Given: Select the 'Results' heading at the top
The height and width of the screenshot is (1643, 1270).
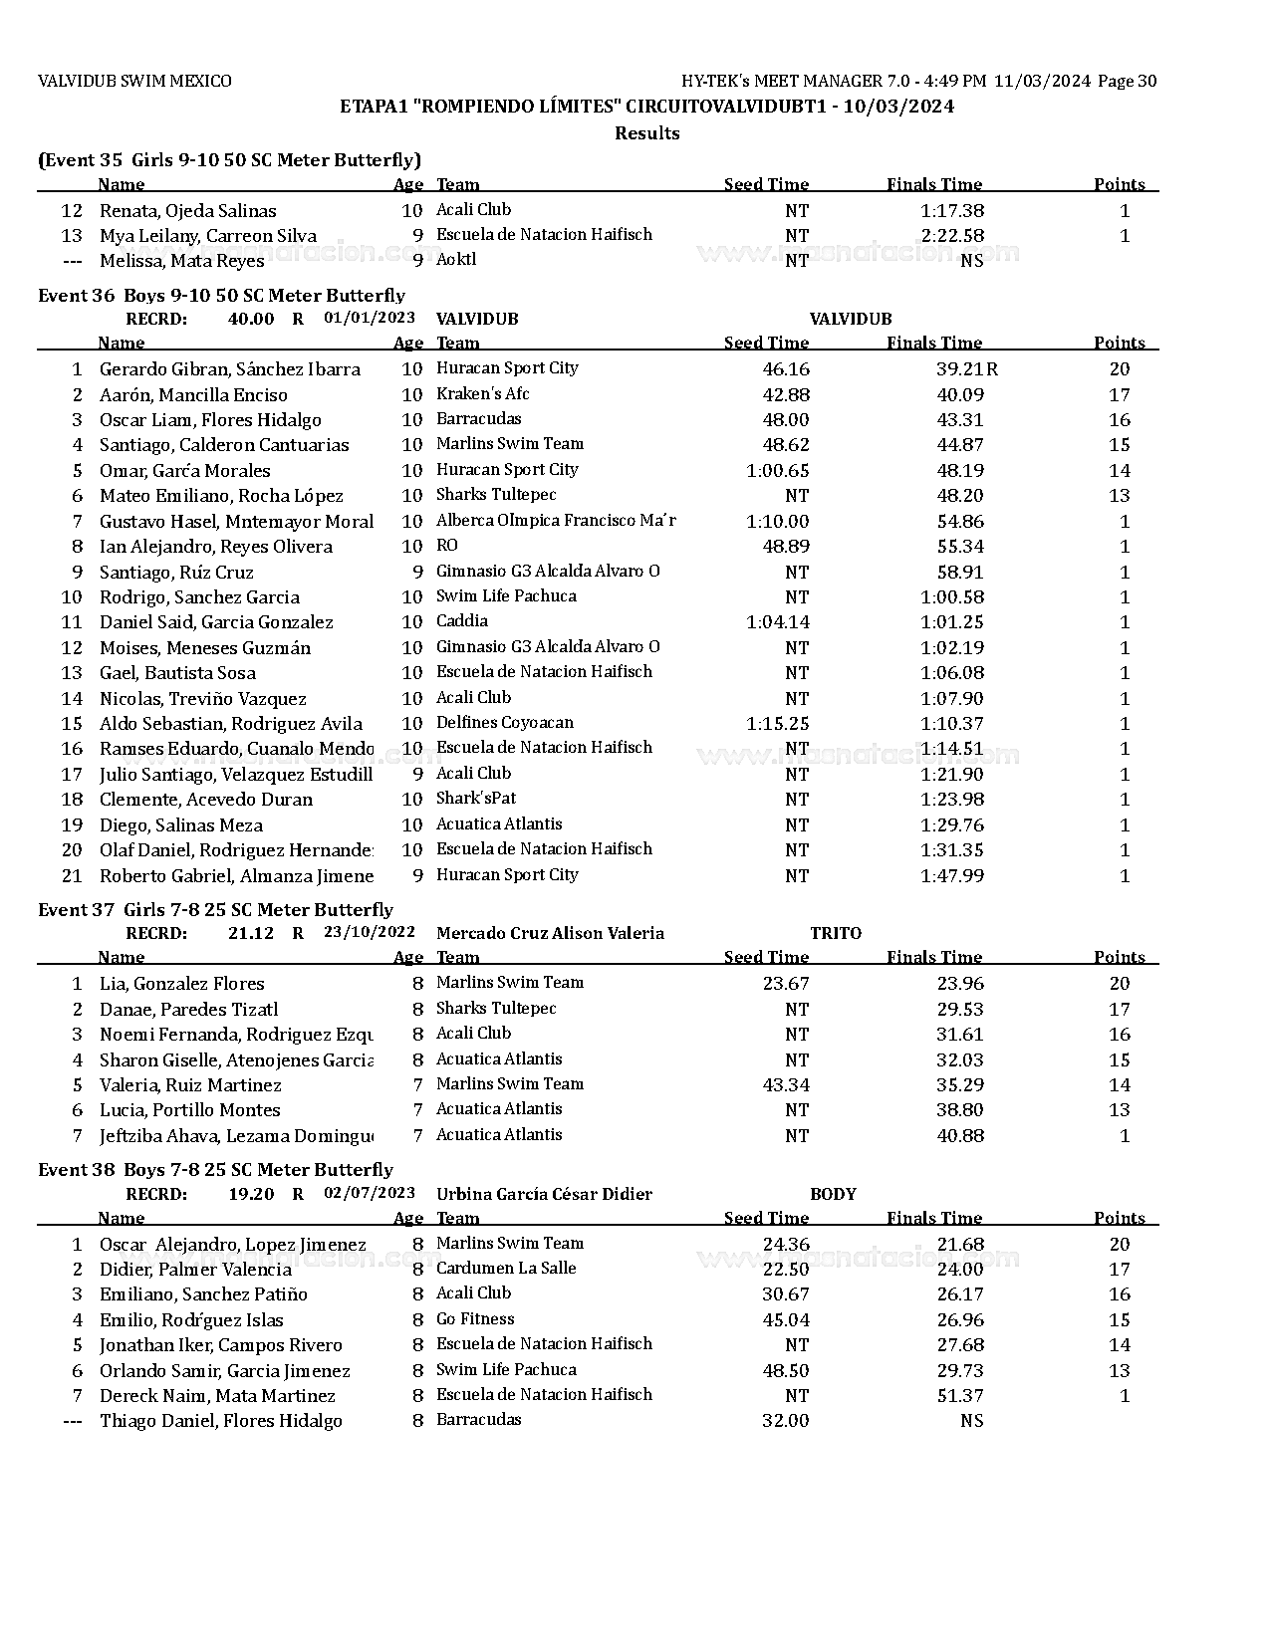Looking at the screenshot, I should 646,133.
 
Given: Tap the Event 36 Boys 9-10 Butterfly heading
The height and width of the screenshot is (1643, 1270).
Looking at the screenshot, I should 221,295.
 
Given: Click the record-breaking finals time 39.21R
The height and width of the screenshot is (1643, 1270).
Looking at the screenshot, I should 966,369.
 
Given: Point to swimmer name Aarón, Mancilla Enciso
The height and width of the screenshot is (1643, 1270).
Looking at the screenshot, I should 193,395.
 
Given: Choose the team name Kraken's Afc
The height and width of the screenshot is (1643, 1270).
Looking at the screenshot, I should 483,393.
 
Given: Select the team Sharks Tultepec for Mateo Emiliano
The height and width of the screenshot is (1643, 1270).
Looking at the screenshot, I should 496,495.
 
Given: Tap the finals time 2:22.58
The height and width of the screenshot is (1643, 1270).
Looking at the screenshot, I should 952,236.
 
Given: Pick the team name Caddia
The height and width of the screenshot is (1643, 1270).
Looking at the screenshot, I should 462,621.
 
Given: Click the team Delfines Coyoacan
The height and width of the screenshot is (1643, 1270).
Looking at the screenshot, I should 505,723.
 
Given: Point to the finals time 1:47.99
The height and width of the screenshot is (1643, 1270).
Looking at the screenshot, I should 952,876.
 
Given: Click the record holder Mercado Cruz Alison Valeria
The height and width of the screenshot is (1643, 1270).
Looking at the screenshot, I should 550,933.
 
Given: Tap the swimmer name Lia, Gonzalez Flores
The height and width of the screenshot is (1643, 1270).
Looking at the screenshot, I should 181,984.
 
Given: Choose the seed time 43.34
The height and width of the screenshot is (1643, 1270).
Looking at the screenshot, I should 786,1085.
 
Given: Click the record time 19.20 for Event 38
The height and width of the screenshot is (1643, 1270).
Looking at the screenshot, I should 251,1194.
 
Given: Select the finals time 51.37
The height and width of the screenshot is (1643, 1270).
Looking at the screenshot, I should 960,1396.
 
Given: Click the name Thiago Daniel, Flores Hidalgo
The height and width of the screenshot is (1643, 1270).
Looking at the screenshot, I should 220,1421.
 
